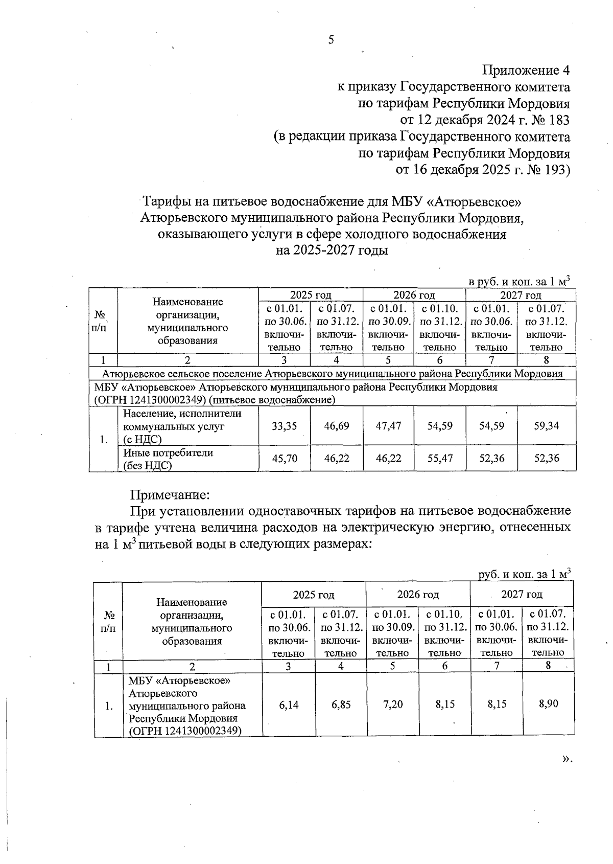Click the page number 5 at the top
tap(331, 40)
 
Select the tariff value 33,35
tap(284, 426)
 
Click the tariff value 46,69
tap(337, 426)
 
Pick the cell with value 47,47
tap(388, 426)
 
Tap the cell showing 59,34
tap(546, 426)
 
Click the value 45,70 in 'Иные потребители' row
tap(284, 459)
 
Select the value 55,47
tap(440, 459)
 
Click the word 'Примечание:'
tap(170, 495)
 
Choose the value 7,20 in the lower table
tap(392, 704)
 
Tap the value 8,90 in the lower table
tap(548, 704)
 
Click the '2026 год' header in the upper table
tap(414, 295)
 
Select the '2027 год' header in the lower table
tap(521, 594)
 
